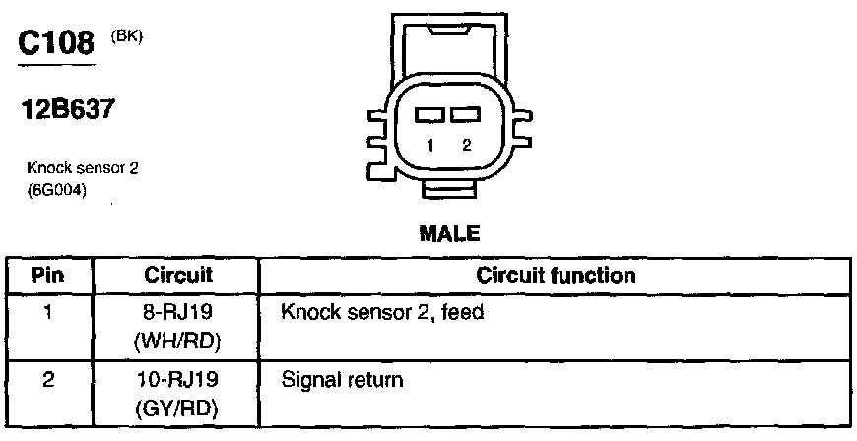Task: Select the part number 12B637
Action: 68,110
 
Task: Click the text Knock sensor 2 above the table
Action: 82,168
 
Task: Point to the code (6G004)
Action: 57,191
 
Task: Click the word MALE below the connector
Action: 449,234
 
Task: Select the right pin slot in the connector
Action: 464,116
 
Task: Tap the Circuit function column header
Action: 556,275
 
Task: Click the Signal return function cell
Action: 342,379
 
